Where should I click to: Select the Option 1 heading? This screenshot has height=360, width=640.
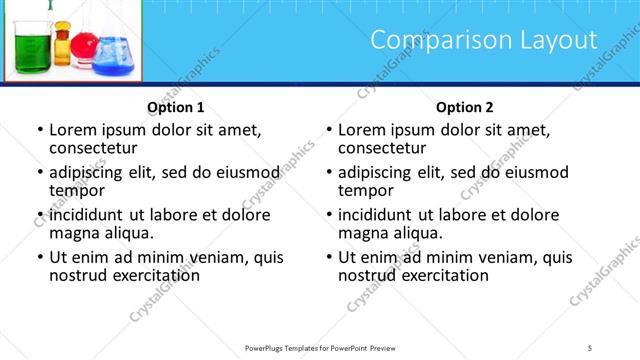pos(176,107)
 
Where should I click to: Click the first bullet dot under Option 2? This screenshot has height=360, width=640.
pos(329,131)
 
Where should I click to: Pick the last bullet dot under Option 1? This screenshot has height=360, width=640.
pos(40,258)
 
